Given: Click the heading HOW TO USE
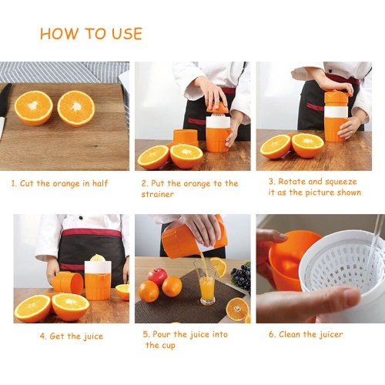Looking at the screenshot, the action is tap(91, 34).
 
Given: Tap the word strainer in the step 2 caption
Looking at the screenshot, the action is tap(157, 194).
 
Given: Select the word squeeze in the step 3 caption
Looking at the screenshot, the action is tap(341, 182).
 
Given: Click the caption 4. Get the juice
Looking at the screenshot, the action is tap(72, 336).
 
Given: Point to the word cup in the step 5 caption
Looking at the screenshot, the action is tap(169, 346).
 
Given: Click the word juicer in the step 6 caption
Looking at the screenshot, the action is tap(331, 335).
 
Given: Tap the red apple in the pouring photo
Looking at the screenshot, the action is tap(157, 276).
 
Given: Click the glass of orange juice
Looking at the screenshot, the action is tap(207, 282).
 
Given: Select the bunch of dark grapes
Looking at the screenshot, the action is tap(242, 276).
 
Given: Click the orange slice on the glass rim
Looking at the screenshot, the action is tap(219, 266).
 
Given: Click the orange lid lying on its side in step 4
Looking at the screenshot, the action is tap(68, 283).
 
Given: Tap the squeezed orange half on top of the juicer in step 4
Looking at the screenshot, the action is tap(98, 257).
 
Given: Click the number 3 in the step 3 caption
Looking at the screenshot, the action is tap(272, 182).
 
